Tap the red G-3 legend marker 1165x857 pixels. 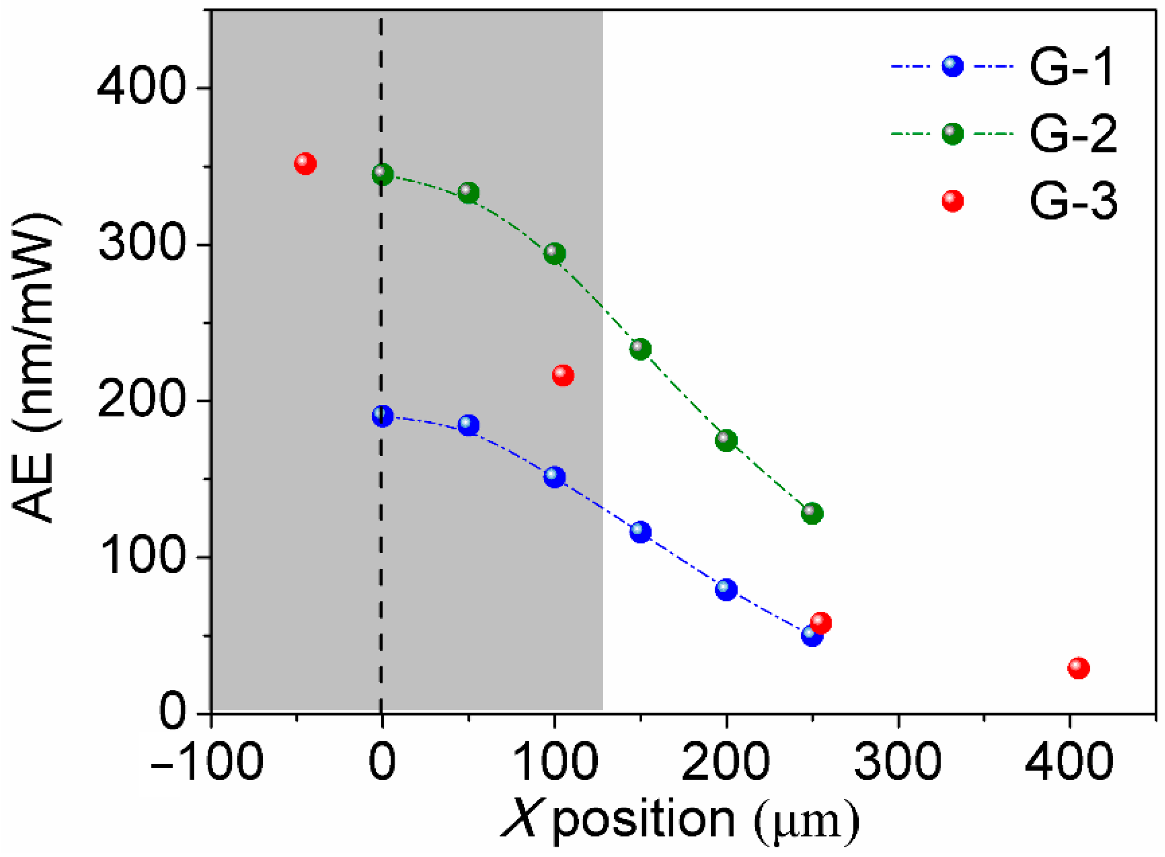952,201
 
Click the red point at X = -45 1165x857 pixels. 305,164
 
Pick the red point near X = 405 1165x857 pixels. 1078,668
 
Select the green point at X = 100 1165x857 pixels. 554,253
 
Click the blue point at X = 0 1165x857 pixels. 382,416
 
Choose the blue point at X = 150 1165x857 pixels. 640,532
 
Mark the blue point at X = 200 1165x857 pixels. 726,590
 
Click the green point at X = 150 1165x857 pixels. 640,349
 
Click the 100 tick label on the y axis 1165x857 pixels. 141,558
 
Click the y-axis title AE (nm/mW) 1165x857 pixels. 34,368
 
